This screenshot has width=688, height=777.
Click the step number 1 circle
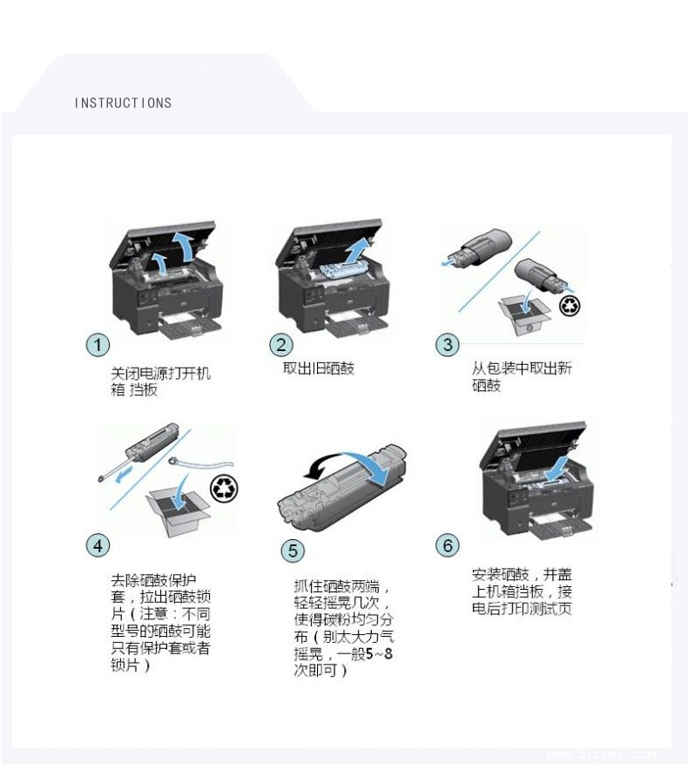tap(98, 344)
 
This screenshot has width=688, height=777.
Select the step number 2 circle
tap(280, 344)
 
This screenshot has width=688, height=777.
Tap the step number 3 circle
tap(448, 344)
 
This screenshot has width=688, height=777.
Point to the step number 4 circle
tap(98, 545)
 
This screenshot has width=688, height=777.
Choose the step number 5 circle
tap(293, 551)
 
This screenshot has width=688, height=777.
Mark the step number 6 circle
tap(448, 545)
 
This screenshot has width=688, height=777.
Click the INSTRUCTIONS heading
tap(123, 103)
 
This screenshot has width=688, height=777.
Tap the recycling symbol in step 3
tap(570, 305)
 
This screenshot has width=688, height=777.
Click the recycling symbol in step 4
tap(225, 488)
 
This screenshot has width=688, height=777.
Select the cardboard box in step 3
tap(525, 315)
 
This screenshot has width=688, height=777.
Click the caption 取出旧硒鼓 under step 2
tap(319, 368)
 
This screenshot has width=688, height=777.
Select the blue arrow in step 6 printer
tap(556, 469)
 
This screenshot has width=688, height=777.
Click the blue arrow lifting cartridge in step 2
tap(358, 250)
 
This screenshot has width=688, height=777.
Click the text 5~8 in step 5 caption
tap(380, 653)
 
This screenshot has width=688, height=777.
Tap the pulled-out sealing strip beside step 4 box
tap(200, 463)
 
